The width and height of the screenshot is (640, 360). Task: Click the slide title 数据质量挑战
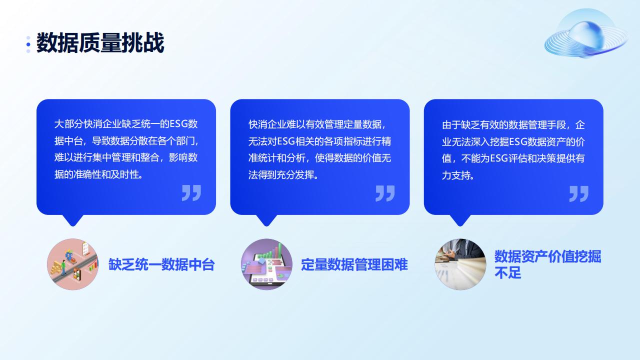[x=100, y=43]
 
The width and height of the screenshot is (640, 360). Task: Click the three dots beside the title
[x=28, y=44]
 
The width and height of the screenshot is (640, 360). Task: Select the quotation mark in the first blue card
[x=191, y=193]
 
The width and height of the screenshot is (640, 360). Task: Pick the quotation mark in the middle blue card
[x=385, y=193]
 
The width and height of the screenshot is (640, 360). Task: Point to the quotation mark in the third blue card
[x=579, y=194]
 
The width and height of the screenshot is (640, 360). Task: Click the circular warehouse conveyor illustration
[x=72, y=264]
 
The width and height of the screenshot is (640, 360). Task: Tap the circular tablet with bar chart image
[x=266, y=264]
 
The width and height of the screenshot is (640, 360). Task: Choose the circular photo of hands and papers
[x=460, y=264]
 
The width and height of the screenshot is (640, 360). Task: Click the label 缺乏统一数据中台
[x=161, y=264]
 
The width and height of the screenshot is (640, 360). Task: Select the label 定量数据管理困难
[x=354, y=264]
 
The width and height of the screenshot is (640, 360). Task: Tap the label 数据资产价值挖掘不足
[x=547, y=264]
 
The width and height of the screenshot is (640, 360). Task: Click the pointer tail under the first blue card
[x=72, y=220]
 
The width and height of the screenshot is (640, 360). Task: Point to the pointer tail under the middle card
[x=266, y=220]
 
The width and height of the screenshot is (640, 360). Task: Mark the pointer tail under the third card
[x=460, y=220]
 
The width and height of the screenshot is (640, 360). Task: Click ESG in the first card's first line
[x=178, y=124]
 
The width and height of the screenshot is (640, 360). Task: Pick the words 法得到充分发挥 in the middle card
[x=281, y=175]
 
